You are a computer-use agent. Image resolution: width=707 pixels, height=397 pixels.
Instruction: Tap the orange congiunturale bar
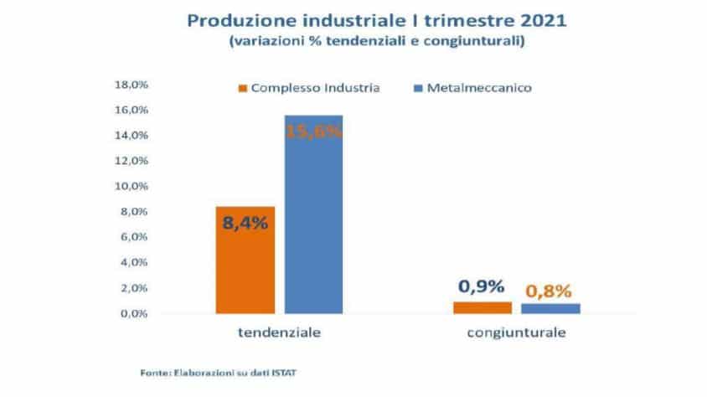pos(483,307)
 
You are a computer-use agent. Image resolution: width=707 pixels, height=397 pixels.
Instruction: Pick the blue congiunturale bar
pos(550,308)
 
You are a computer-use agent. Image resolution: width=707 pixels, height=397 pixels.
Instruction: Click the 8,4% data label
pos(245,224)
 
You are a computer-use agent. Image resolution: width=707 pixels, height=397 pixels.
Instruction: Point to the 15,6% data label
pos(313,132)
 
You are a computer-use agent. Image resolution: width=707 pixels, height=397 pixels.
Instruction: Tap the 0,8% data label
pos(550,291)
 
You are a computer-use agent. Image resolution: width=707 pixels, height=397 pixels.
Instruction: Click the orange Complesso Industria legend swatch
pos(243,88)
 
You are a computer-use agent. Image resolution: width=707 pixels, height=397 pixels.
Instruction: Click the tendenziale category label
pos(280,333)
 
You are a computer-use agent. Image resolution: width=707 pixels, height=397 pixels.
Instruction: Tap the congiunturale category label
pos(516,333)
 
